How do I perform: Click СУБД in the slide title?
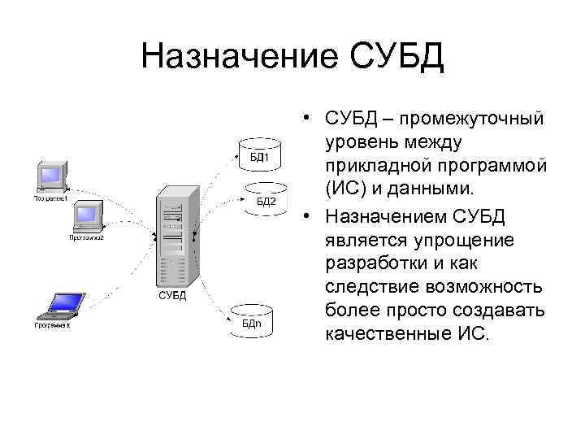coord(397,58)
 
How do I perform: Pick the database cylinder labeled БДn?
coord(253,319)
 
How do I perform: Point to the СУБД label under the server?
coord(171,295)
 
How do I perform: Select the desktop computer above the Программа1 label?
coord(50,178)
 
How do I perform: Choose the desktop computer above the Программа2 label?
coord(86,216)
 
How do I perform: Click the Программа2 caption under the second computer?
coord(86,237)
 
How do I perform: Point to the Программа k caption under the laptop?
coord(52,325)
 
